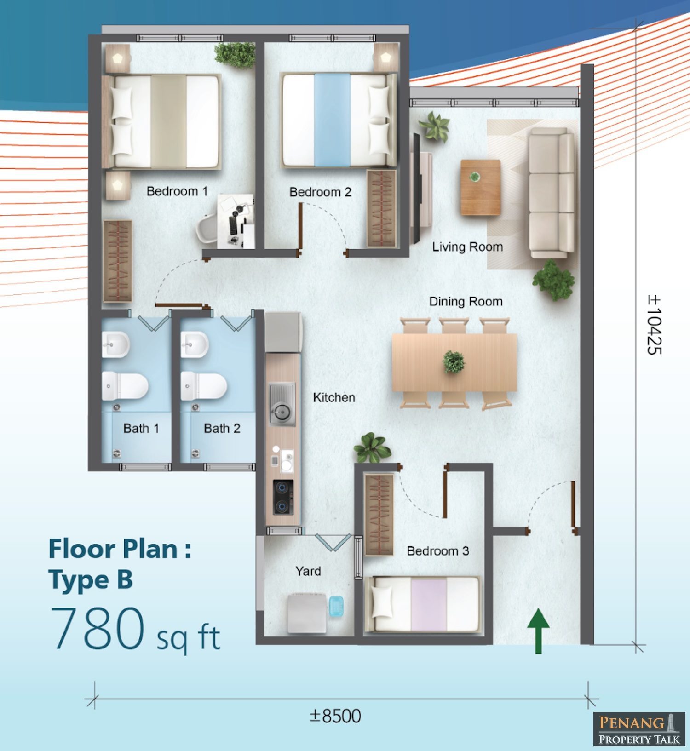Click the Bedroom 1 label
pyautogui.click(x=177, y=191)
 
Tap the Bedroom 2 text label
pyautogui.click(x=320, y=192)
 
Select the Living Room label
pyautogui.click(x=467, y=247)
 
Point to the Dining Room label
pyautogui.click(x=466, y=302)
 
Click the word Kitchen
pyautogui.click(x=334, y=397)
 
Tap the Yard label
pyautogui.click(x=308, y=571)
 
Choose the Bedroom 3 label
pyautogui.click(x=438, y=551)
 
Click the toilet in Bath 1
pyautogui.click(x=125, y=386)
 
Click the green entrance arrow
pyautogui.click(x=538, y=630)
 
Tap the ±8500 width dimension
pyautogui.click(x=335, y=716)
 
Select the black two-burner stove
pyautogui.click(x=283, y=497)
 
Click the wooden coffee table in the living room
pyautogui.click(x=481, y=187)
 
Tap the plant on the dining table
pyautogui.click(x=454, y=361)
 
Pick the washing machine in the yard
pyautogui.click(x=307, y=613)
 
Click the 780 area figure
pyautogui.click(x=98, y=628)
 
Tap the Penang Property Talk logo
pyautogui.click(x=639, y=729)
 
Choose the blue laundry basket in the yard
pyautogui.click(x=336, y=606)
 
